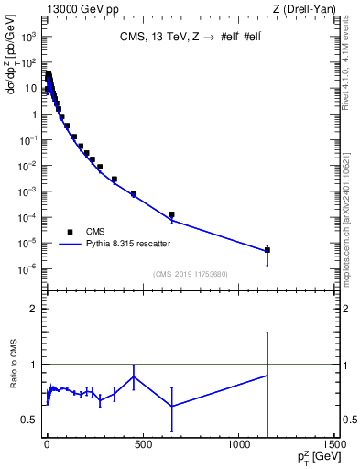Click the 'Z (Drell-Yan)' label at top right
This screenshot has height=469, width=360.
coord(303,8)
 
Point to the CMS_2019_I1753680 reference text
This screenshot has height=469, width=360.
coord(190,274)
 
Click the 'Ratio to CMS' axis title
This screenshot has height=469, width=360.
coord(15,389)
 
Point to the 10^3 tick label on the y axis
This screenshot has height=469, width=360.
coord(28,38)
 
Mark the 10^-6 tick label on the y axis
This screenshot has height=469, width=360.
coord(28,268)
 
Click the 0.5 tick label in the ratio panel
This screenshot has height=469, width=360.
coord(30,420)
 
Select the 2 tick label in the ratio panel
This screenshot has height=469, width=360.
coord(34,309)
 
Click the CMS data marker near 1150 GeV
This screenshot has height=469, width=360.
coord(267,249)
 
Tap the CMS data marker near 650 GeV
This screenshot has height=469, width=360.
coord(171,214)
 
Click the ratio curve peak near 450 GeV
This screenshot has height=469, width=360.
coord(134,376)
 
